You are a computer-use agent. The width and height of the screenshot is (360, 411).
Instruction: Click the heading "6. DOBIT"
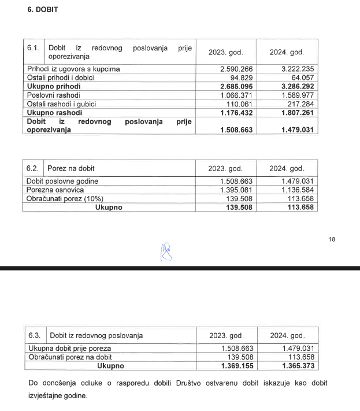pyautogui.click(x=43, y=10)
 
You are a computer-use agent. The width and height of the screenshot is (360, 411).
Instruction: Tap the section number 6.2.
pyautogui.click(x=32, y=168)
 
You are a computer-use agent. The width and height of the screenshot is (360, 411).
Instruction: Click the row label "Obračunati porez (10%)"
pyautogui.click(x=66, y=198)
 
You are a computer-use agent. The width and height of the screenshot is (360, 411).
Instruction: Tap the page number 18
pyautogui.click(x=332, y=238)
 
